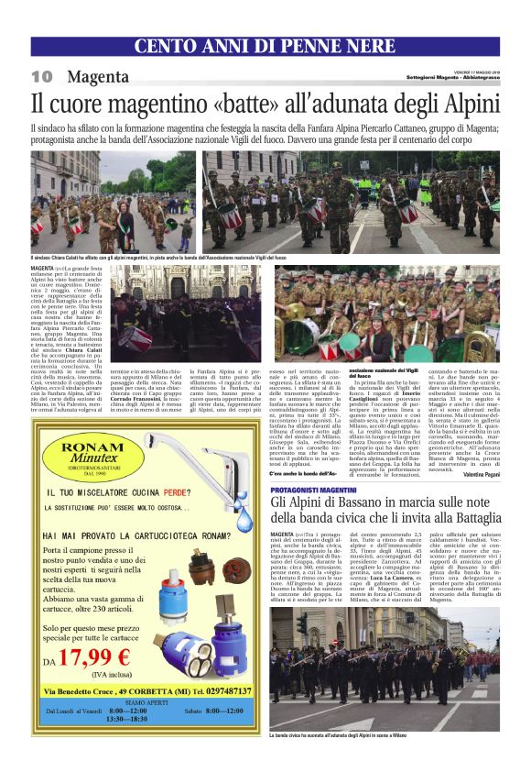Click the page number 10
[41, 75]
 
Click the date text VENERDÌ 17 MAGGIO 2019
[466, 70]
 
